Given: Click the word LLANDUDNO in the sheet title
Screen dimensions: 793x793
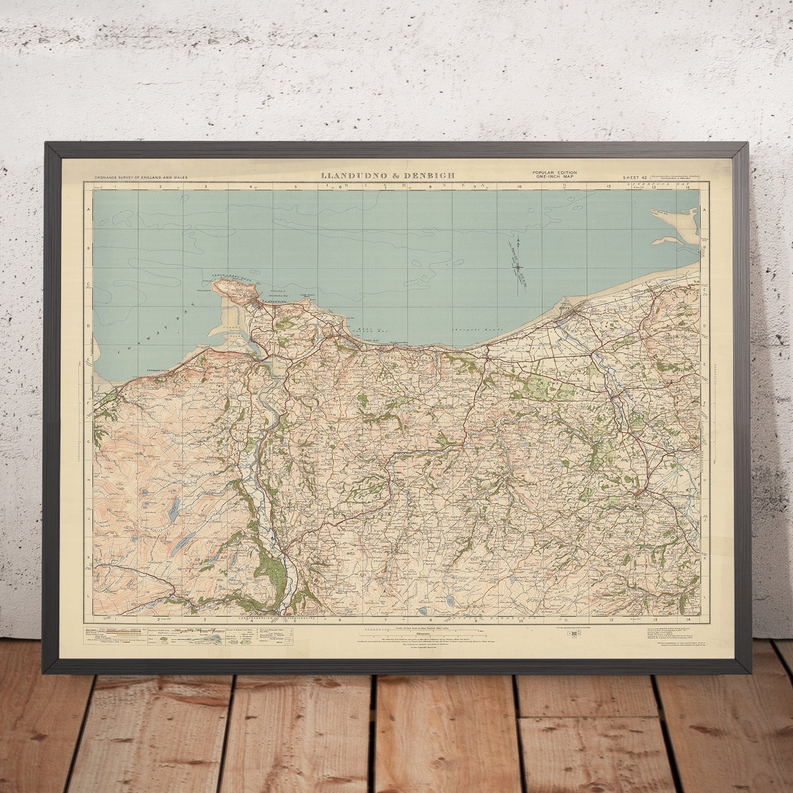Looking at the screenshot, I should pyautogui.click(x=355, y=176).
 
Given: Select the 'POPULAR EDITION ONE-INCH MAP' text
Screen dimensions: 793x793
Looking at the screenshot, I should pyautogui.click(x=554, y=175).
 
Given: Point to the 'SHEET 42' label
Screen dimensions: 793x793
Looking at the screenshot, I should pyautogui.click(x=634, y=178).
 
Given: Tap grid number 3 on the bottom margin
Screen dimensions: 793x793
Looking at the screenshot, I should pyautogui.click(x=205, y=620).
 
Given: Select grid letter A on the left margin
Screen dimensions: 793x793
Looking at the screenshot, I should pyautogui.click(x=89, y=210).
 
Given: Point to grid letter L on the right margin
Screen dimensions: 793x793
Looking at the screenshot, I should pyautogui.click(x=704, y=595).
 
